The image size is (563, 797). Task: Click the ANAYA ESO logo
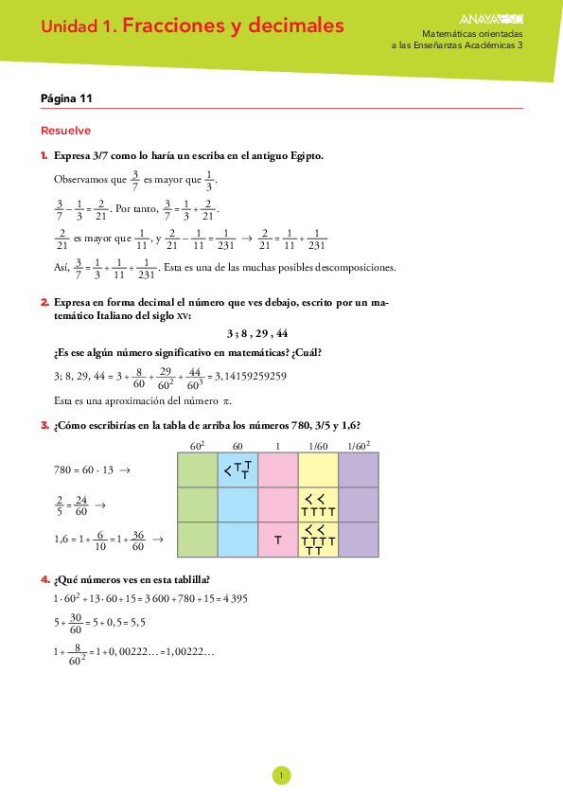491,19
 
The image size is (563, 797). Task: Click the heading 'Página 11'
66,98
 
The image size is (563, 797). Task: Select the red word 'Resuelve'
65,131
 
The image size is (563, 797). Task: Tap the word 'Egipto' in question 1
307,156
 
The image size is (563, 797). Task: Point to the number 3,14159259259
251,376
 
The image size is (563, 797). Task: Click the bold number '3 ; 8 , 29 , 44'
257,333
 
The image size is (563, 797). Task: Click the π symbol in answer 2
227,401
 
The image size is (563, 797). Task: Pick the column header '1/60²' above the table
359,446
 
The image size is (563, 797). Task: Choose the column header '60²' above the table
197,446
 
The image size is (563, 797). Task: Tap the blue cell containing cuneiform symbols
238,470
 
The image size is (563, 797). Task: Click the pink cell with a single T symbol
278,540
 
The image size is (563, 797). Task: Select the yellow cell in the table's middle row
318,505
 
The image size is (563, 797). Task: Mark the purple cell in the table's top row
359,470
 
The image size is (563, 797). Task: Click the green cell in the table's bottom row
198,540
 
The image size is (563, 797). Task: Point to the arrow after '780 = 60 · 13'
125,470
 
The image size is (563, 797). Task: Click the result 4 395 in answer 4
236,599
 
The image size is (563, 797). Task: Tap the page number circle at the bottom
282,775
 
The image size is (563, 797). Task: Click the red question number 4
44,579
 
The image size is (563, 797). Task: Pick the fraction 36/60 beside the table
138,540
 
